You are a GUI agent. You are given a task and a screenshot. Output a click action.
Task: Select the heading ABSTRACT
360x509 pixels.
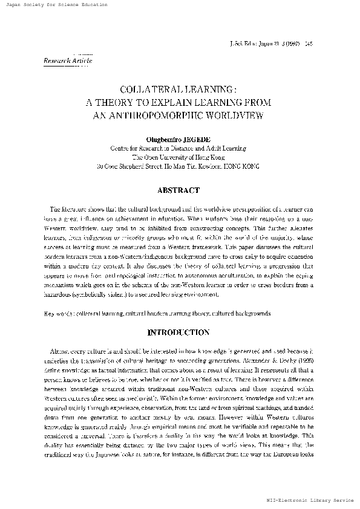[178, 191]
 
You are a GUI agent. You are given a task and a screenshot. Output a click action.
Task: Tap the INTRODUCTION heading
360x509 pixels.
[178, 332]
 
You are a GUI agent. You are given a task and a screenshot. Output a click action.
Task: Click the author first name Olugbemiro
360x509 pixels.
[164, 138]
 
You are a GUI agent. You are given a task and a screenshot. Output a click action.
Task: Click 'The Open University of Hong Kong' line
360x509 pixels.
[178, 156]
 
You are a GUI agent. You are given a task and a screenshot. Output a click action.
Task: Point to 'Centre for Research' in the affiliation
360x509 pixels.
[137, 148]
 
